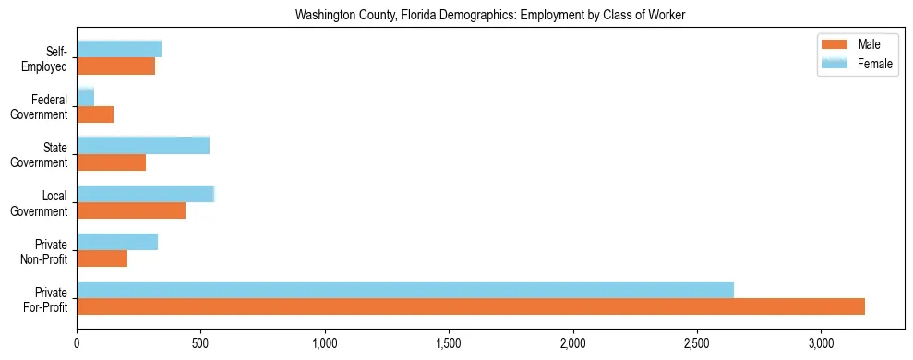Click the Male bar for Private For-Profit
(x=471, y=306)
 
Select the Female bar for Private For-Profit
(x=405, y=290)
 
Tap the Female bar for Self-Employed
(x=119, y=49)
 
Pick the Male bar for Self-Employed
(x=115, y=66)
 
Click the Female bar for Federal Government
(x=85, y=97)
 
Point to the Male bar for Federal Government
(x=95, y=114)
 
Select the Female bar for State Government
(x=143, y=145)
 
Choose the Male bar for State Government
(x=111, y=162)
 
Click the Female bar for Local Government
(x=145, y=193)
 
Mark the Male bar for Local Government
(x=131, y=210)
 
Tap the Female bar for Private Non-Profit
(x=117, y=242)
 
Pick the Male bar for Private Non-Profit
(x=102, y=258)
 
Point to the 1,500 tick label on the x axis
(x=449, y=343)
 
